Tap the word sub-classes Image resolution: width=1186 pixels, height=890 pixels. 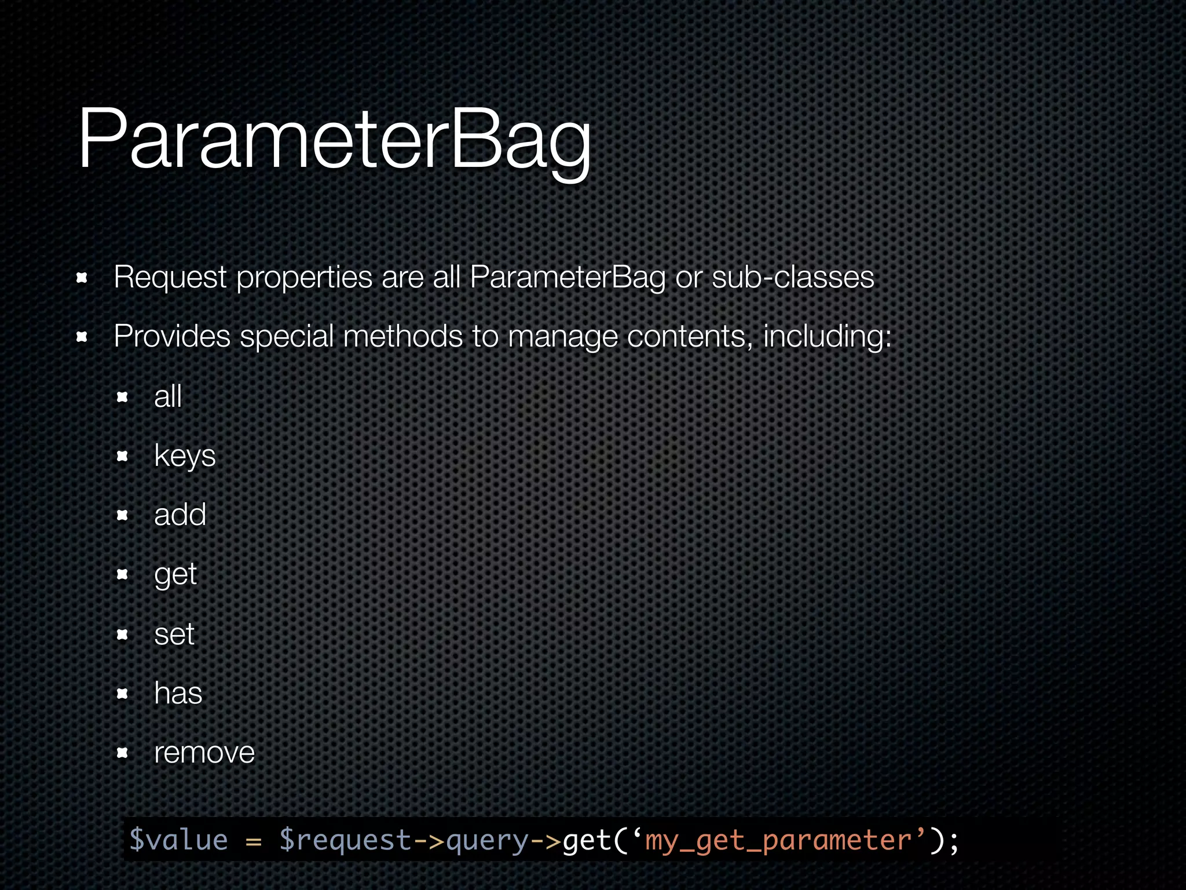(792, 277)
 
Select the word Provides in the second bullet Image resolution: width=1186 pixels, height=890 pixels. (172, 336)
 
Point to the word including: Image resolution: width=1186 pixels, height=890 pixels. (827, 336)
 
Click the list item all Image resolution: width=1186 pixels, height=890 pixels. (168, 397)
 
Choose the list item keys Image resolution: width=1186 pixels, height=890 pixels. (185, 456)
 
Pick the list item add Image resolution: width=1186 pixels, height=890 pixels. (180, 515)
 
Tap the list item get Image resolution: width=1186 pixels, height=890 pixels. (175, 575)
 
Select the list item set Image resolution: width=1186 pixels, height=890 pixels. (174, 634)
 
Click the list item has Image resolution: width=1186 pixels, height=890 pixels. (178, 693)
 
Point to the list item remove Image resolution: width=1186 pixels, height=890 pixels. (204, 753)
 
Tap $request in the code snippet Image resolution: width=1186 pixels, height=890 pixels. (345, 840)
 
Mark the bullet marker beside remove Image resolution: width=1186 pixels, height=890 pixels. (122, 753)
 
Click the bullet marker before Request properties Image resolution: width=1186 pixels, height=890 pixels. (82, 278)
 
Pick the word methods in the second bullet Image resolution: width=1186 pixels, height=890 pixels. (403, 336)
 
